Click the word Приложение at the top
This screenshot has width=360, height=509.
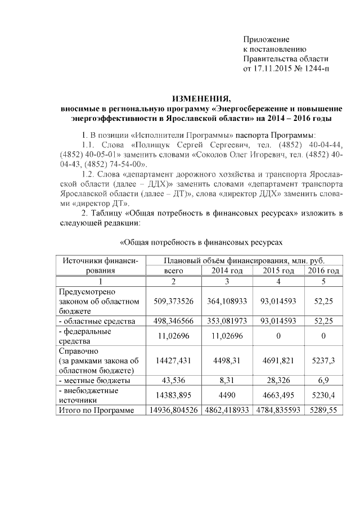[x=266, y=39]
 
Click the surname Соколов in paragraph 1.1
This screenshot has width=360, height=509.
[x=216, y=155]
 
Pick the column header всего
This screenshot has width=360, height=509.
[x=173, y=271]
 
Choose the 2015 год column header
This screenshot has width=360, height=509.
[x=278, y=271]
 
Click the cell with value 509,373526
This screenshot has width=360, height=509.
[x=173, y=301]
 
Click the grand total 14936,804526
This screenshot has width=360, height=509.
[x=173, y=411]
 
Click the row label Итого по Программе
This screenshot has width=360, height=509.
[x=97, y=411]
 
